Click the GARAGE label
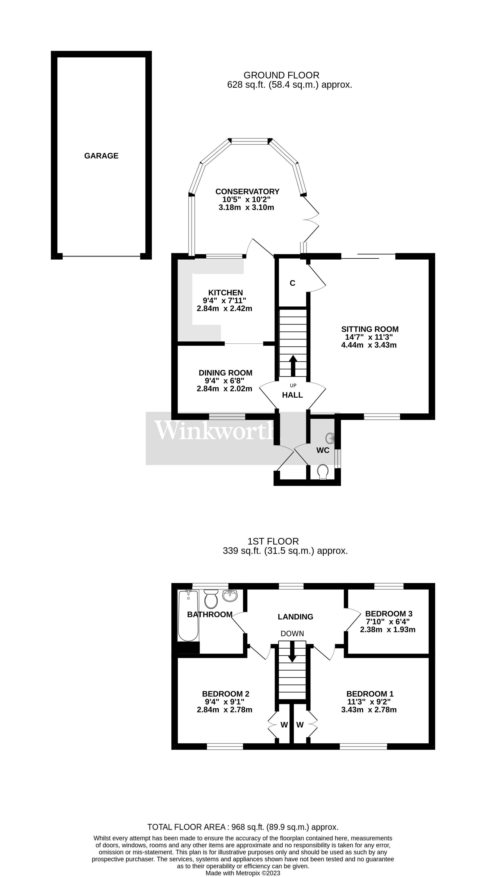coord(101,156)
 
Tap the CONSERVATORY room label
coord(247,191)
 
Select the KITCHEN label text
coord(225,292)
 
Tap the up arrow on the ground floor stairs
coord(293,365)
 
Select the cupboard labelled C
coord(292,283)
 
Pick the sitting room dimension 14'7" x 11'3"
coord(369,337)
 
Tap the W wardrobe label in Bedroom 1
coord(300,725)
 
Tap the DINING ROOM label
coord(225,373)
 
